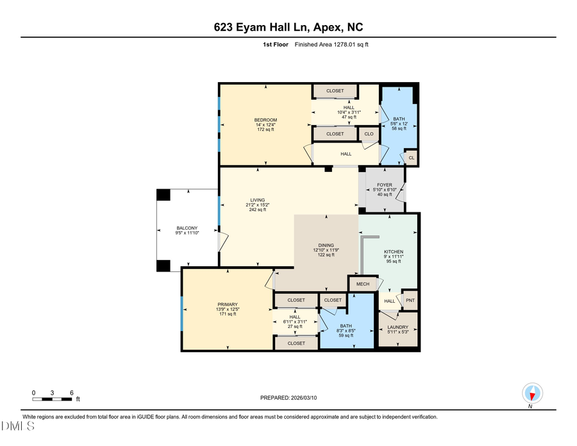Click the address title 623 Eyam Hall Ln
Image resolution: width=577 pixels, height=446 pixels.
(x=288, y=27)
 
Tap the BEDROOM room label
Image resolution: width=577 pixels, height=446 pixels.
(x=265, y=124)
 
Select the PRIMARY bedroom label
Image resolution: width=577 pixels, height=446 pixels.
(x=227, y=309)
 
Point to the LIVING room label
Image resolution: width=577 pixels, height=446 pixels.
(x=258, y=205)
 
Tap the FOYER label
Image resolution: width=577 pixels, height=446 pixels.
(x=385, y=189)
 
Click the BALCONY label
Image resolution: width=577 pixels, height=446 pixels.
(x=187, y=230)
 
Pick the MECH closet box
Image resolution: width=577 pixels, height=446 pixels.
(x=363, y=284)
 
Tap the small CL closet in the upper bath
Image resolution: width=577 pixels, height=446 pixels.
(x=411, y=157)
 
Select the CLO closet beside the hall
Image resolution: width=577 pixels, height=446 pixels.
(x=369, y=134)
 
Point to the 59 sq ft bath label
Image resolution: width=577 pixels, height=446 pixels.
(x=346, y=330)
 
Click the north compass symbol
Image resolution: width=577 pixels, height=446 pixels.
(x=532, y=393)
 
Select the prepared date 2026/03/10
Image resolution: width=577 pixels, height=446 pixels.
(x=288, y=398)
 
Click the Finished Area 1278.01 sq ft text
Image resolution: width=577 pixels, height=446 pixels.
(x=331, y=45)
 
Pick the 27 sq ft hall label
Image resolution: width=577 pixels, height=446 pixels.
(x=295, y=322)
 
